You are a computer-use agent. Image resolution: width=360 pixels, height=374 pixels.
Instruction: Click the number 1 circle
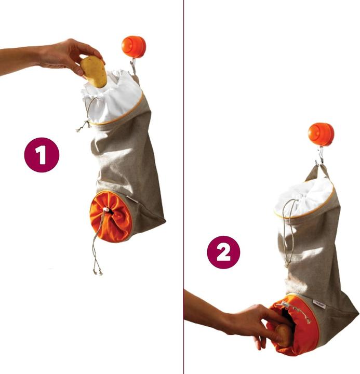[42, 154]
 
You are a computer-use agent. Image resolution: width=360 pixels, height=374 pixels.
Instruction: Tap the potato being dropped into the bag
[94, 71]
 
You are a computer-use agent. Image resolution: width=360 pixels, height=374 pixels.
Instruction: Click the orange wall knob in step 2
[320, 134]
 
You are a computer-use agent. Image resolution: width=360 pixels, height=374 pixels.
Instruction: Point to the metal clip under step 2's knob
[320, 155]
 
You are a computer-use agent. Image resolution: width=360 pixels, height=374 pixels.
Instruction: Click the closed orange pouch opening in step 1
[111, 216]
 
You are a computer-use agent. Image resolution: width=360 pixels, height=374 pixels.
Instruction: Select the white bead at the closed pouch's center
[105, 210]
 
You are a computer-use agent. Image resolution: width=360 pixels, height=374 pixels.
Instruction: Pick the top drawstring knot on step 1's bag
[82, 126]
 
